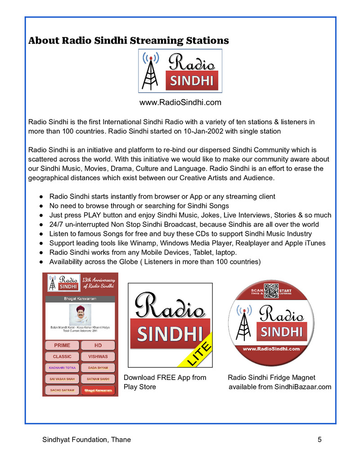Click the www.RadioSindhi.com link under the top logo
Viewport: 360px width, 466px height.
pos(180,103)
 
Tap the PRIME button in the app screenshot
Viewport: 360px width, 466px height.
pos(62,345)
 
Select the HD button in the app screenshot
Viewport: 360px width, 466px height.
pos(98,345)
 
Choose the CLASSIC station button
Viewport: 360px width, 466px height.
pos(62,357)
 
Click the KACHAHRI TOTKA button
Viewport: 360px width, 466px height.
pos(62,368)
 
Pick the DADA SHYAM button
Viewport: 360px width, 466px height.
pos(98,368)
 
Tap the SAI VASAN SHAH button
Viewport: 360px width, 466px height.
pos(62,379)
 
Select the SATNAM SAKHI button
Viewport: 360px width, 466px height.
pos(98,379)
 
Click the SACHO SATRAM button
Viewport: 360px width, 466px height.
pos(62,390)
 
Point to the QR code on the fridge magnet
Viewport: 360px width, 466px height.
pos(271,291)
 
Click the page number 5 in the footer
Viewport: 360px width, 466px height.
pos(319,440)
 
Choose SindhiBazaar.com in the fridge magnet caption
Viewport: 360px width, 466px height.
pos(302,387)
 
